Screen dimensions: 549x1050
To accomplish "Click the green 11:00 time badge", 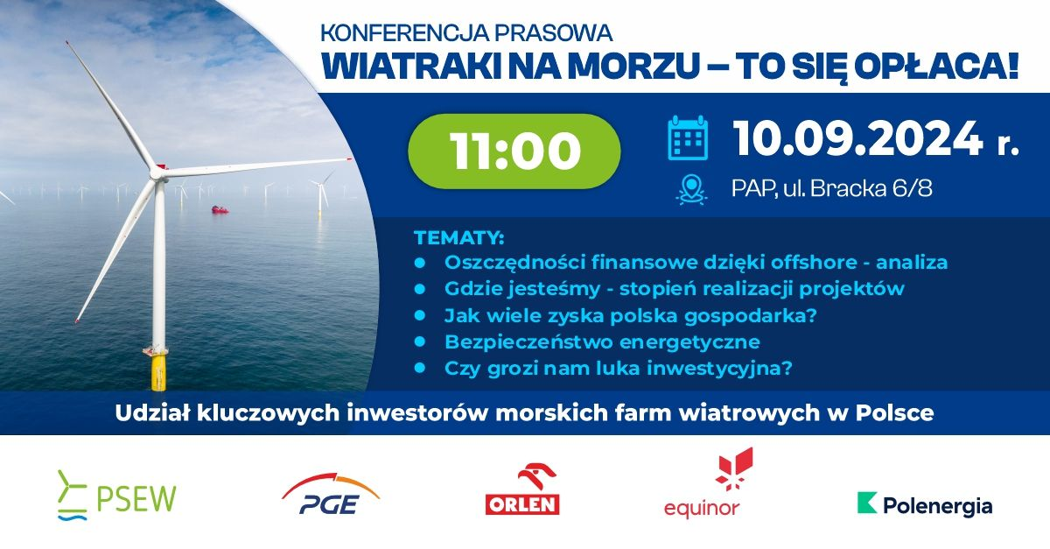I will click(x=515, y=151).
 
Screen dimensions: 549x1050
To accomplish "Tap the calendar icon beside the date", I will click(x=688, y=138).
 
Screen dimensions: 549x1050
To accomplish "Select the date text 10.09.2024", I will click(x=857, y=138).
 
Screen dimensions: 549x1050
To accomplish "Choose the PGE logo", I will click(x=331, y=496).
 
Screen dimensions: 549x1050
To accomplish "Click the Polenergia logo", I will click(x=925, y=505).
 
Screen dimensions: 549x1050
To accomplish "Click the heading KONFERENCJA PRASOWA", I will click(x=466, y=33).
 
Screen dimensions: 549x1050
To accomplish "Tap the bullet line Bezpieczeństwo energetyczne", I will click(x=602, y=341).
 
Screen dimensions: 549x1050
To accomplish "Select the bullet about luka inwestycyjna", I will click(x=619, y=369).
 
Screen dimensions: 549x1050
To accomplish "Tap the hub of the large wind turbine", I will click(x=157, y=172).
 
